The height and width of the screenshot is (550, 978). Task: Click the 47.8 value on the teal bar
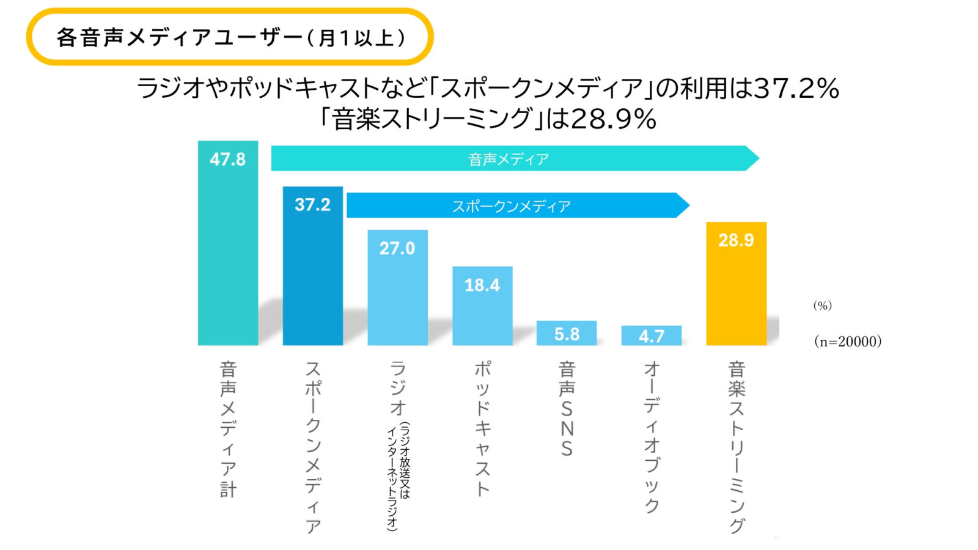click(x=227, y=159)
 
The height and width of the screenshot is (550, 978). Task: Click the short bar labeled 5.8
click(x=567, y=333)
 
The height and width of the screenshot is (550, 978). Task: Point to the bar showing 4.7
click(x=652, y=335)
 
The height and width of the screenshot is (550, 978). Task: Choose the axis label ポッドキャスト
click(x=482, y=428)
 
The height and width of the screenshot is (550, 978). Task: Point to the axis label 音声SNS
click(x=567, y=409)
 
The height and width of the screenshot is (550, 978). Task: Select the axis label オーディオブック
click(x=652, y=436)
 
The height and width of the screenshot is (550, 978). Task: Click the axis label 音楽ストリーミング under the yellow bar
click(x=737, y=447)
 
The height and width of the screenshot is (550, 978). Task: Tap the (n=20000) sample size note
click(x=848, y=342)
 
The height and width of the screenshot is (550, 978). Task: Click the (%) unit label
click(x=822, y=306)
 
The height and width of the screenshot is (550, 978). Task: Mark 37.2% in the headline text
click(x=796, y=89)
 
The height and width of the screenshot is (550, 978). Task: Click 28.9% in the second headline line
click(x=613, y=119)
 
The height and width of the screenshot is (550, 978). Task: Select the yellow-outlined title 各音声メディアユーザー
click(x=230, y=37)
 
